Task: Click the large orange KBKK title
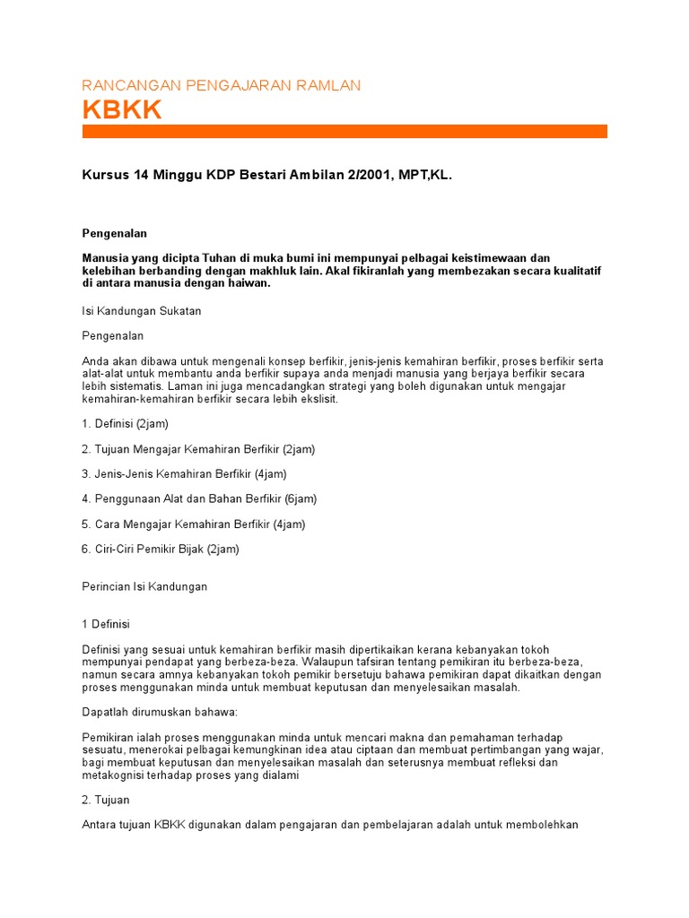[122, 109]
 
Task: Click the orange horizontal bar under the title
[344, 132]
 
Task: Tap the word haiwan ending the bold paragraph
[246, 283]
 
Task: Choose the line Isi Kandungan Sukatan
[142, 311]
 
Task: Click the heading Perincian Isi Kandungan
[144, 586]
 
